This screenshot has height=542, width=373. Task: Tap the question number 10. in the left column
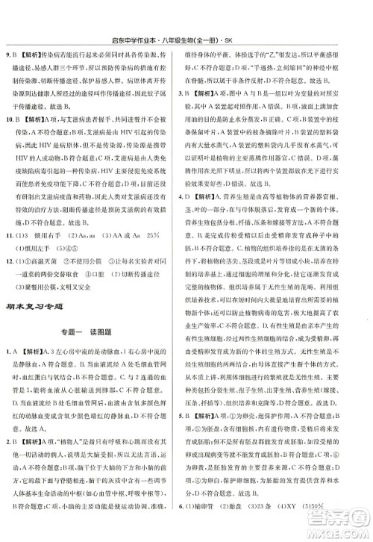point(10,118)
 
